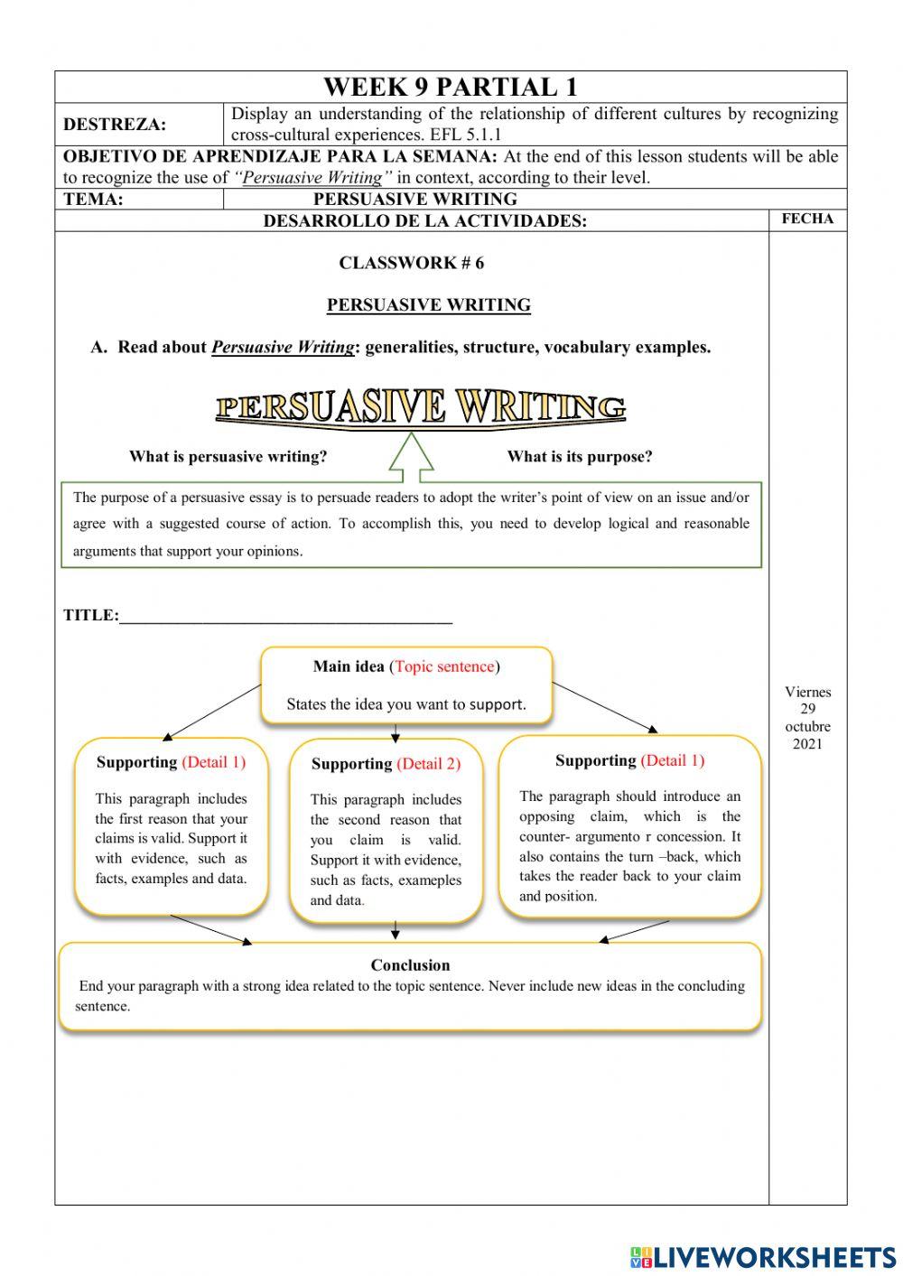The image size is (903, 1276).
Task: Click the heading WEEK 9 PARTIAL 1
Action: pyautogui.click(x=450, y=88)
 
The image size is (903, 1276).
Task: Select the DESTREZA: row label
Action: pyautogui.click(x=115, y=125)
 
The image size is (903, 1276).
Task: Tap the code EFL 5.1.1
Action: pyautogui.click(x=466, y=135)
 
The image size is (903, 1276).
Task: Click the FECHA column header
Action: pyautogui.click(x=807, y=219)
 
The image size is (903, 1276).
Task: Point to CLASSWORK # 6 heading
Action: pyautogui.click(x=411, y=263)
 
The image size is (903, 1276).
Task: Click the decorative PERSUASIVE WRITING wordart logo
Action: pyautogui.click(x=421, y=407)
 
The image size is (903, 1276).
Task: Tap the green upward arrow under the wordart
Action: pyautogui.click(x=412, y=452)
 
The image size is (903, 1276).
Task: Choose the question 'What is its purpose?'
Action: pyautogui.click(x=579, y=457)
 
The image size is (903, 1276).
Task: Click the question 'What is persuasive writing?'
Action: pyautogui.click(x=228, y=457)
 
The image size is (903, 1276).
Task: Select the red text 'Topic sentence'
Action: pyautogui.click(x=444, y=667)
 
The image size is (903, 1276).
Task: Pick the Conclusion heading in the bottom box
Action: pyautogui.click(x=410, y=965)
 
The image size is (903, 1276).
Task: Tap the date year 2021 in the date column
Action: pyautogui.click(x=807, y=744)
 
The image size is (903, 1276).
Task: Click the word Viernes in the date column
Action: pyautogui.click(x=807, y=693)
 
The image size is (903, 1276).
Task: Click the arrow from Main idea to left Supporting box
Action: pyautogui.click(x=212, y=712)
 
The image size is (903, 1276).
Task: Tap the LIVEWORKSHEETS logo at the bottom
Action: pyautogui.click(x=762, y=1257)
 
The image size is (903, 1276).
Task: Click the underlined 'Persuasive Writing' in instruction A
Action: pyautogui.click(x=283, y=348)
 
